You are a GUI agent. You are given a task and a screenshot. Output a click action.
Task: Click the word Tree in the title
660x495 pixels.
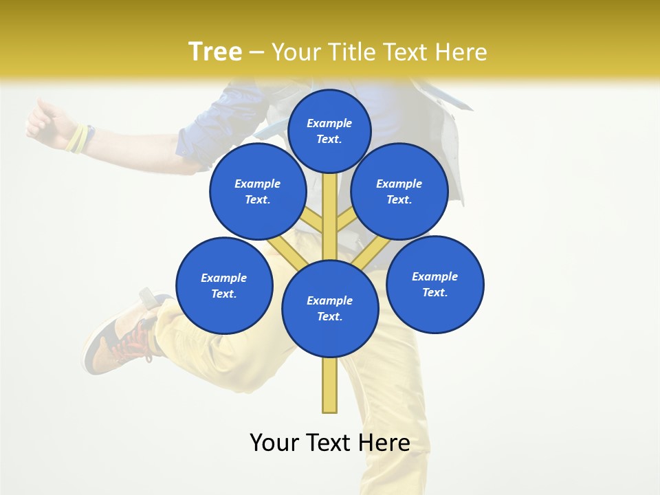214,52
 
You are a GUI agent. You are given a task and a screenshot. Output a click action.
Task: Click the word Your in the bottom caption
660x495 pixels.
275,442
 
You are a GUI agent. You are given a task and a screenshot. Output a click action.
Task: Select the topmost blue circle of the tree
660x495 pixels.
329,131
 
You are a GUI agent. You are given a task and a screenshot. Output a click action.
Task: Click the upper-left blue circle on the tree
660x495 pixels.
257,191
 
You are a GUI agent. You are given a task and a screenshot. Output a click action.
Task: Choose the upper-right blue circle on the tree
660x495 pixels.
399,191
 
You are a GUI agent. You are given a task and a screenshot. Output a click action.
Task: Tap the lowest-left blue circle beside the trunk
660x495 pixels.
224,285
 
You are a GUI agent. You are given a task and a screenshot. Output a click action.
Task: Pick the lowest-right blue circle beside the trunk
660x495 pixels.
434,284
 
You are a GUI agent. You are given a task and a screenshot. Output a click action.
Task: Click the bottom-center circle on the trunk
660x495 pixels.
330,308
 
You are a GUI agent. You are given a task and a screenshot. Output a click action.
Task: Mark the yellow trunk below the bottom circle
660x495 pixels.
330,385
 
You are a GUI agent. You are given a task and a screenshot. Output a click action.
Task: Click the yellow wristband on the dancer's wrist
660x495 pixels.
79,138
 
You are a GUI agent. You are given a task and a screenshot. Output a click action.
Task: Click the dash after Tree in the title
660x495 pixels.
256,53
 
